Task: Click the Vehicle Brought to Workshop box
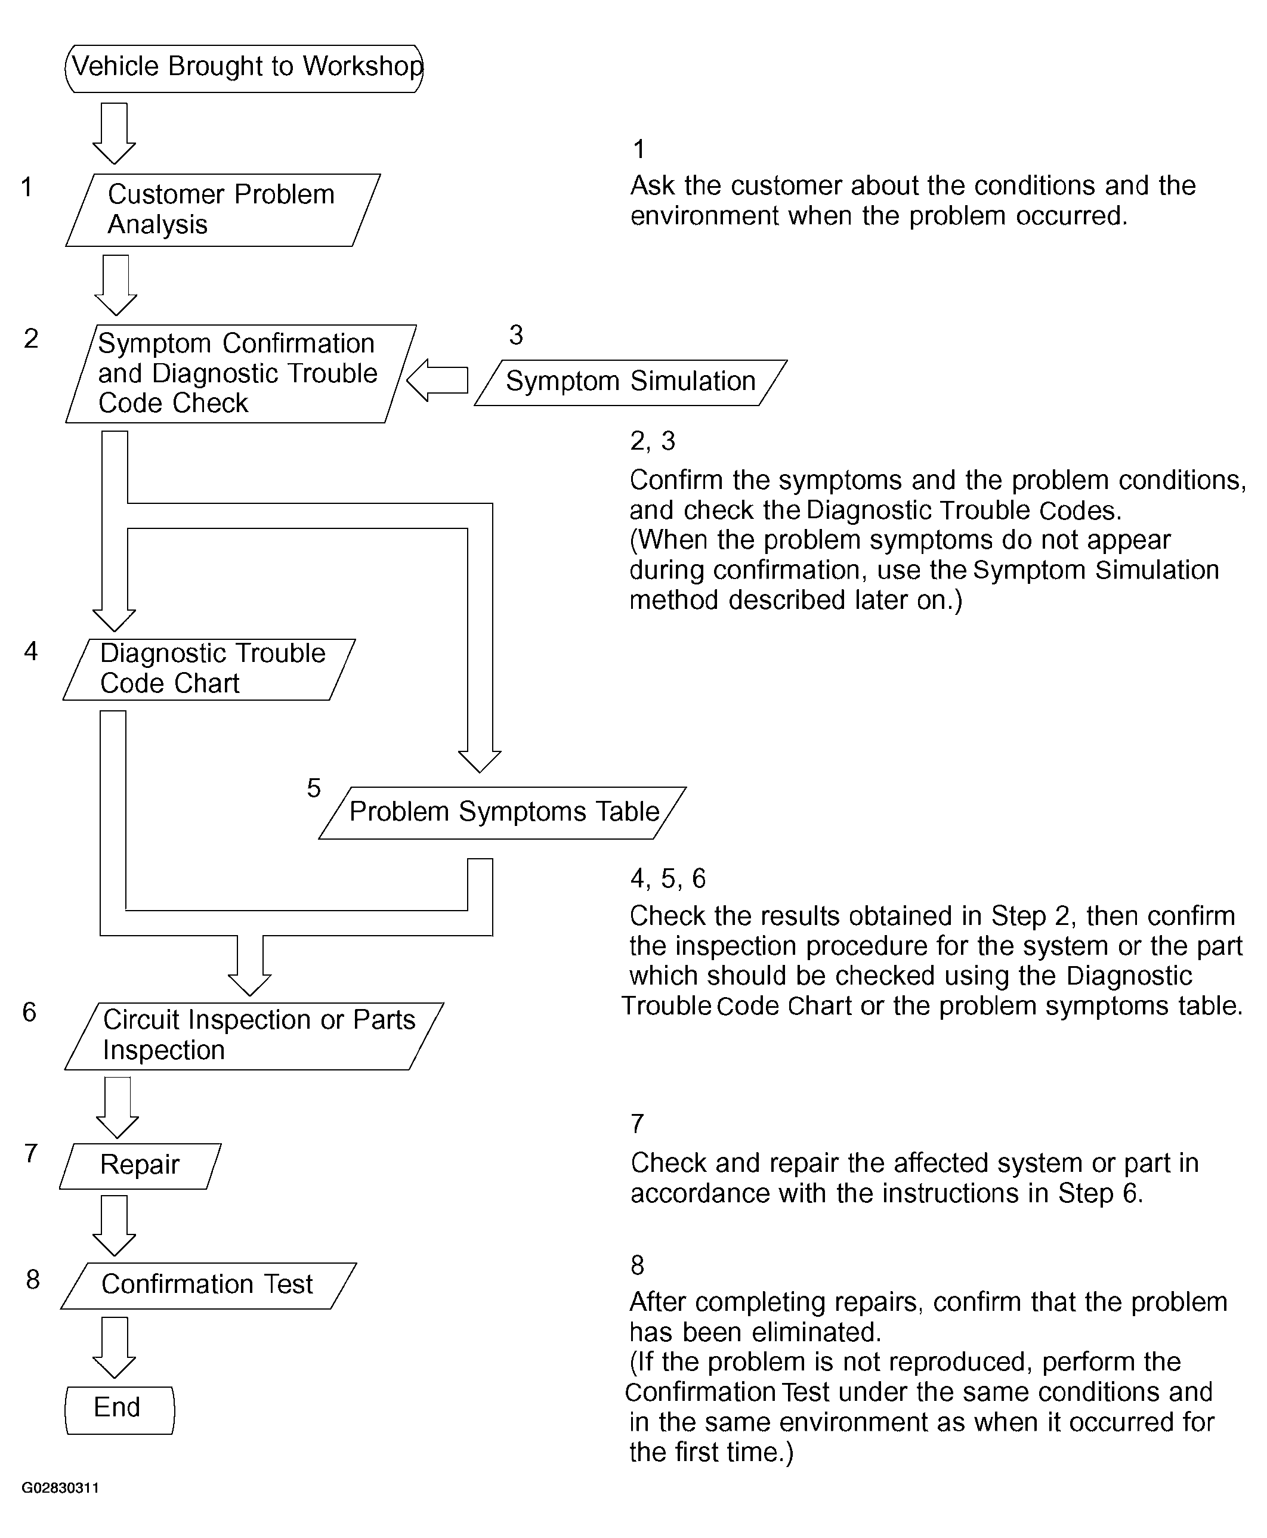[245, 67]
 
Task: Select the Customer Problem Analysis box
[223, 209]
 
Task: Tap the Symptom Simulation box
[631, 382]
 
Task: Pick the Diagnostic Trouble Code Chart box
[209, 669]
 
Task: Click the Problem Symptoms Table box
[503, 812]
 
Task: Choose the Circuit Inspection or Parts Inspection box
[254, 1035]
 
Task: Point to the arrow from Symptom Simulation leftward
[437, 380]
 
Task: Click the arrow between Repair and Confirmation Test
[115, 1224]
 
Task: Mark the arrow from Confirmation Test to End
[115, 1346]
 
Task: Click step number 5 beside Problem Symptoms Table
[314, 788]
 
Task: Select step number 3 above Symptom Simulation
[516, 335]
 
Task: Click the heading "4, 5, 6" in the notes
[668, 878]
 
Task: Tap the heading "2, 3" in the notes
[653, 441]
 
